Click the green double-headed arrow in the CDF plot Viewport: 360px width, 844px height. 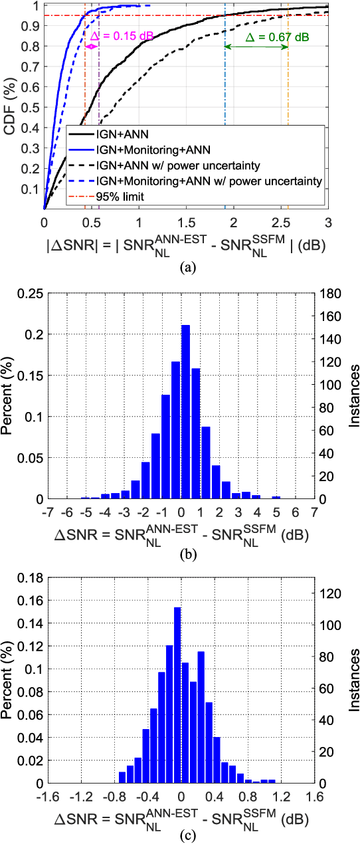pos(256,47)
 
